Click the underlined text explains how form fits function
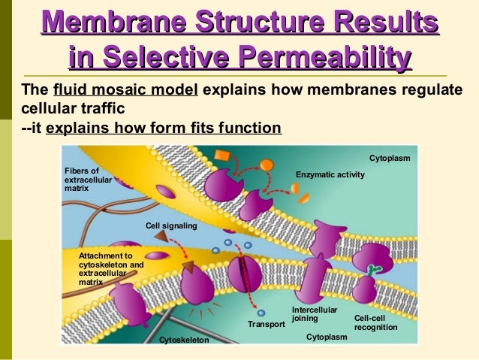pos(163,127)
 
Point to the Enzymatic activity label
pos(330,174)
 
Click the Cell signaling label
pos(171,225)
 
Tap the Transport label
pos(267,325)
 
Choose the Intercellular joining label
pos(315,314)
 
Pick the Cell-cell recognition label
pos(375,322)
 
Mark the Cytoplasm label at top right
pos(390,159)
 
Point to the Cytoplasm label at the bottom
pos(327,337)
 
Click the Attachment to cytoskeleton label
pos(111,269)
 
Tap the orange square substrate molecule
pos(222,156)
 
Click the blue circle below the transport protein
pos(261,313)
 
